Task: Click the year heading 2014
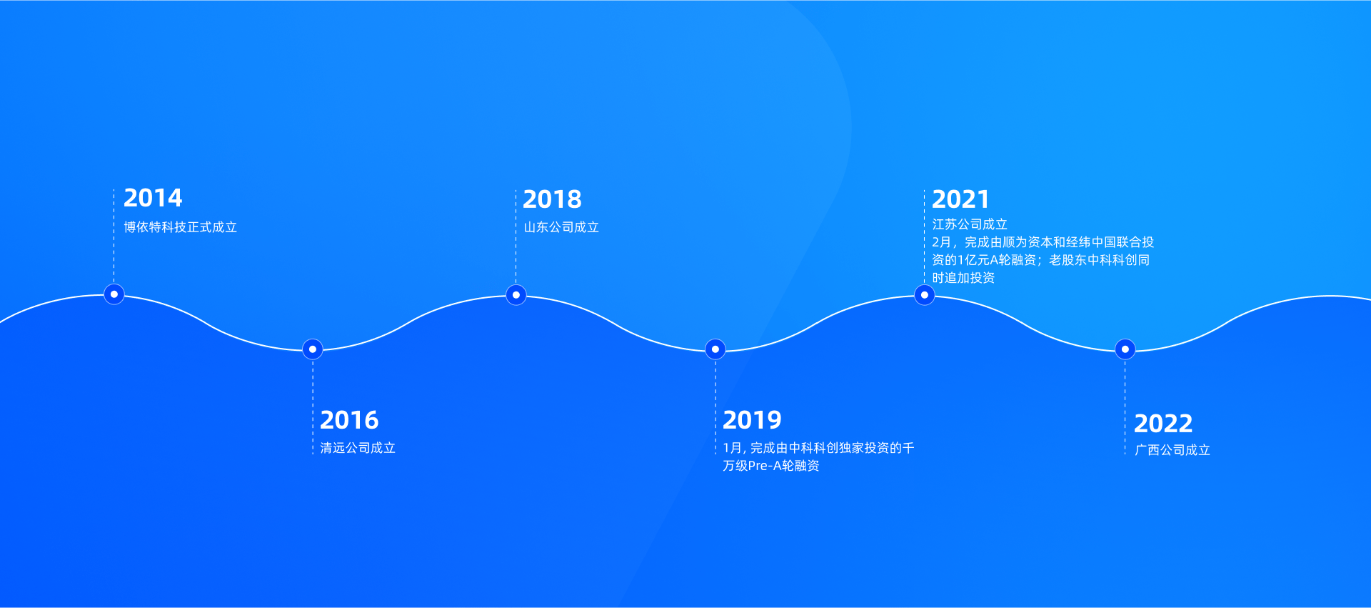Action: pyautogui.click(x=153, y=198)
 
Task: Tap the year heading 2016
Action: pyautogui.click(x=349, y=420)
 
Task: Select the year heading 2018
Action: pyautogui.click(x=552, y=199)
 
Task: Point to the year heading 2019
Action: pyautogui.click(x=752, y=420)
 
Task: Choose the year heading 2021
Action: pyautogui.click(x=960, y=199)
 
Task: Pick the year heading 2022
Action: pyautogui.click(x=1163, y=424)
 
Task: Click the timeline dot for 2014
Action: pyautogui.click(x=114, y=294)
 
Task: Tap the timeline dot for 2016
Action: pyautogui.click(x=313, y=349)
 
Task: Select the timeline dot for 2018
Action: pyautogui.click(x=516, y=295)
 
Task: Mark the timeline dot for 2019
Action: pyautogui.click(x=715, y=349)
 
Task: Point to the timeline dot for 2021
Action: pyautogui.click(x=925, y=295)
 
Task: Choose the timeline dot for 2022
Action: pyautogui.click(x=1125, y=349)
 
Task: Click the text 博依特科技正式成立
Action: pyautogui.click(x=181, y=227)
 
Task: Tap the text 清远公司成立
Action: pyautogui.click(x=358, y=448)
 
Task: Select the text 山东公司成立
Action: pyautogui.click(x=561, y=227)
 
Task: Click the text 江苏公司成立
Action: pyautogui.click(x=970, y=224)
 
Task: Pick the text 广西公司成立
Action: pyautogui.click(x=1172, y=450)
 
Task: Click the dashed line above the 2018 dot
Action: pyautogui.click(x=516, y=236)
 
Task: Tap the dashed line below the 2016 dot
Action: pyautogui.click(x=313, y=407)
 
